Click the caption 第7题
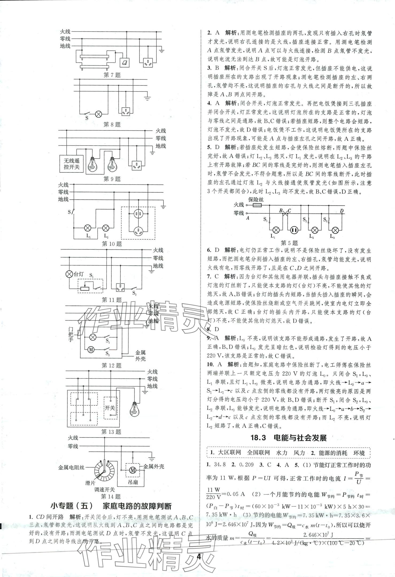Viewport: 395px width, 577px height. point(112,75)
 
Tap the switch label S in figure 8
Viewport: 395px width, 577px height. point(87,118)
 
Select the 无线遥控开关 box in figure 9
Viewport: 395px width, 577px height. point(72,164)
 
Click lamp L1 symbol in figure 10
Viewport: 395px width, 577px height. point(88,228)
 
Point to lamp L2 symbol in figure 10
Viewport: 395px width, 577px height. point(106,228)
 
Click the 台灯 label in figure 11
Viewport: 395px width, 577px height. point(78,274)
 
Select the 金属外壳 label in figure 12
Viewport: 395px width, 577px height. point(141,356)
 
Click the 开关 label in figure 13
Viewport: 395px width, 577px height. point(110,408)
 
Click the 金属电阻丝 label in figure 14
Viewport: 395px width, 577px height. point(71,467)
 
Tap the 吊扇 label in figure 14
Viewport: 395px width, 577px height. point(133,482)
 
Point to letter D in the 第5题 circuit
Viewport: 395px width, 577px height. point(342,211)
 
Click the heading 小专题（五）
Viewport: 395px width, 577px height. point(73,506)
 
